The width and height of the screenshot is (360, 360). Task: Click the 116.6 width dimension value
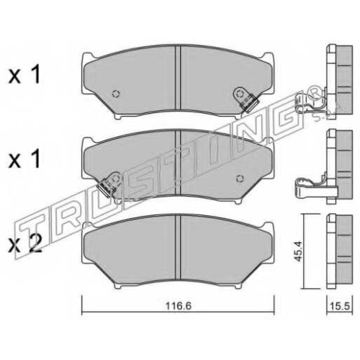[179, 306]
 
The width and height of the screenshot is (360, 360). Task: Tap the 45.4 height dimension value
[299, 251]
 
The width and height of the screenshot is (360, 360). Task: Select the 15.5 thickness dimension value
[340, 306]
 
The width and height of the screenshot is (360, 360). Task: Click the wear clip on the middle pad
[108, 184]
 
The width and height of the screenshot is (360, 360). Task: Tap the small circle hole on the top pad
[116, 94]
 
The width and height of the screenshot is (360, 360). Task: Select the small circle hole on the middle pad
[239, 179]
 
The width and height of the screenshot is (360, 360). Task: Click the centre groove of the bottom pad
[178, 247]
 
